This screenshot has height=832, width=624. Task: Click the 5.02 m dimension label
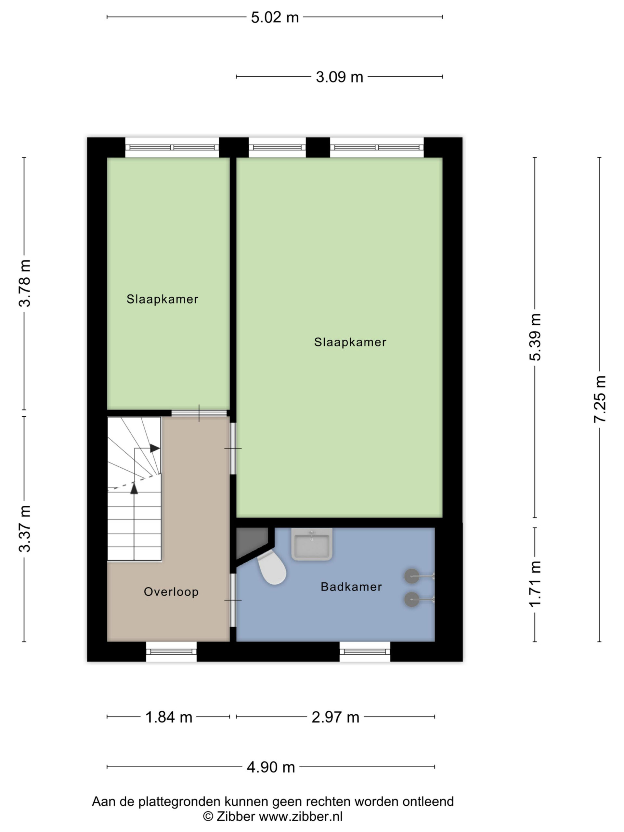click(x=275, y=18)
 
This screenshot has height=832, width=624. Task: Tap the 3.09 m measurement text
click(x=339, y=77)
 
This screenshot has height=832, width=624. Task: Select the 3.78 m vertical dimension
click(x=25, y=283)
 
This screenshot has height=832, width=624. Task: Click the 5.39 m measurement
click(x=535, y=337)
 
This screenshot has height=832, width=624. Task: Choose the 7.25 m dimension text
click(x=600, y=399)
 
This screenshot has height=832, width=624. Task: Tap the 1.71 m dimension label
click(x=535, y=584)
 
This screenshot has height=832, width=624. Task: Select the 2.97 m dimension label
click(x=335, y=717)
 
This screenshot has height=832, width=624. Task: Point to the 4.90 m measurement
click(x=271, y=767)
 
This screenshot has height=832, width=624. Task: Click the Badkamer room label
click(x=351, y=587)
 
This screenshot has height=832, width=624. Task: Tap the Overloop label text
click(x=171, y=591)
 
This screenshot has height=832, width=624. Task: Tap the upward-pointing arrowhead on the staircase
click(x=134, y=488)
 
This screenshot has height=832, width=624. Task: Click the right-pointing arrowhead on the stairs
click(x=155, y=448)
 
